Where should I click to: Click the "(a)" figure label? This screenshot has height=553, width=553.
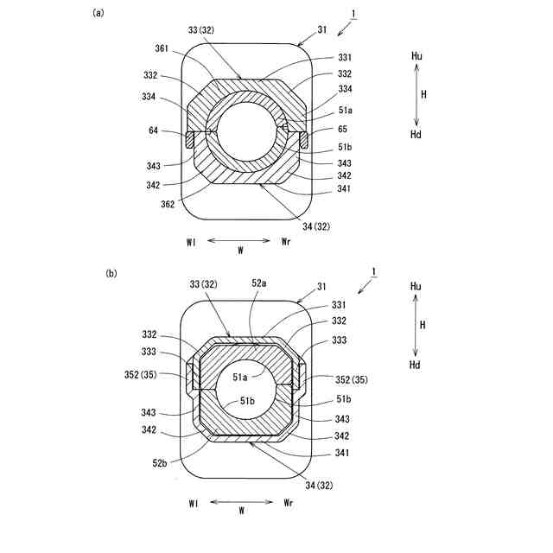(x=99, y=13)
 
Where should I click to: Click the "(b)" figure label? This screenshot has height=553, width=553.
(x=111, y=273)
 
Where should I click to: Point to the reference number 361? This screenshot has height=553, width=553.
(x=162, y=48)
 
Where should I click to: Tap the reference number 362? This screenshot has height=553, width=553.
(x=168, y=204)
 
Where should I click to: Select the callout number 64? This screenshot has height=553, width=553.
(x=154, y=130)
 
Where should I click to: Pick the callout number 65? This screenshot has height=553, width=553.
(x=342, y=129)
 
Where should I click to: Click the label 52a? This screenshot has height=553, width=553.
(x=259, y=283)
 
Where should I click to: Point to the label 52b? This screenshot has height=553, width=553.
(x=160, y=463)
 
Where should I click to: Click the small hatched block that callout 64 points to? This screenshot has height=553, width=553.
(x=190, y=140)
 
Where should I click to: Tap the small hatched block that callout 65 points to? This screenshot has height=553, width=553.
(x=303, y=140)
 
